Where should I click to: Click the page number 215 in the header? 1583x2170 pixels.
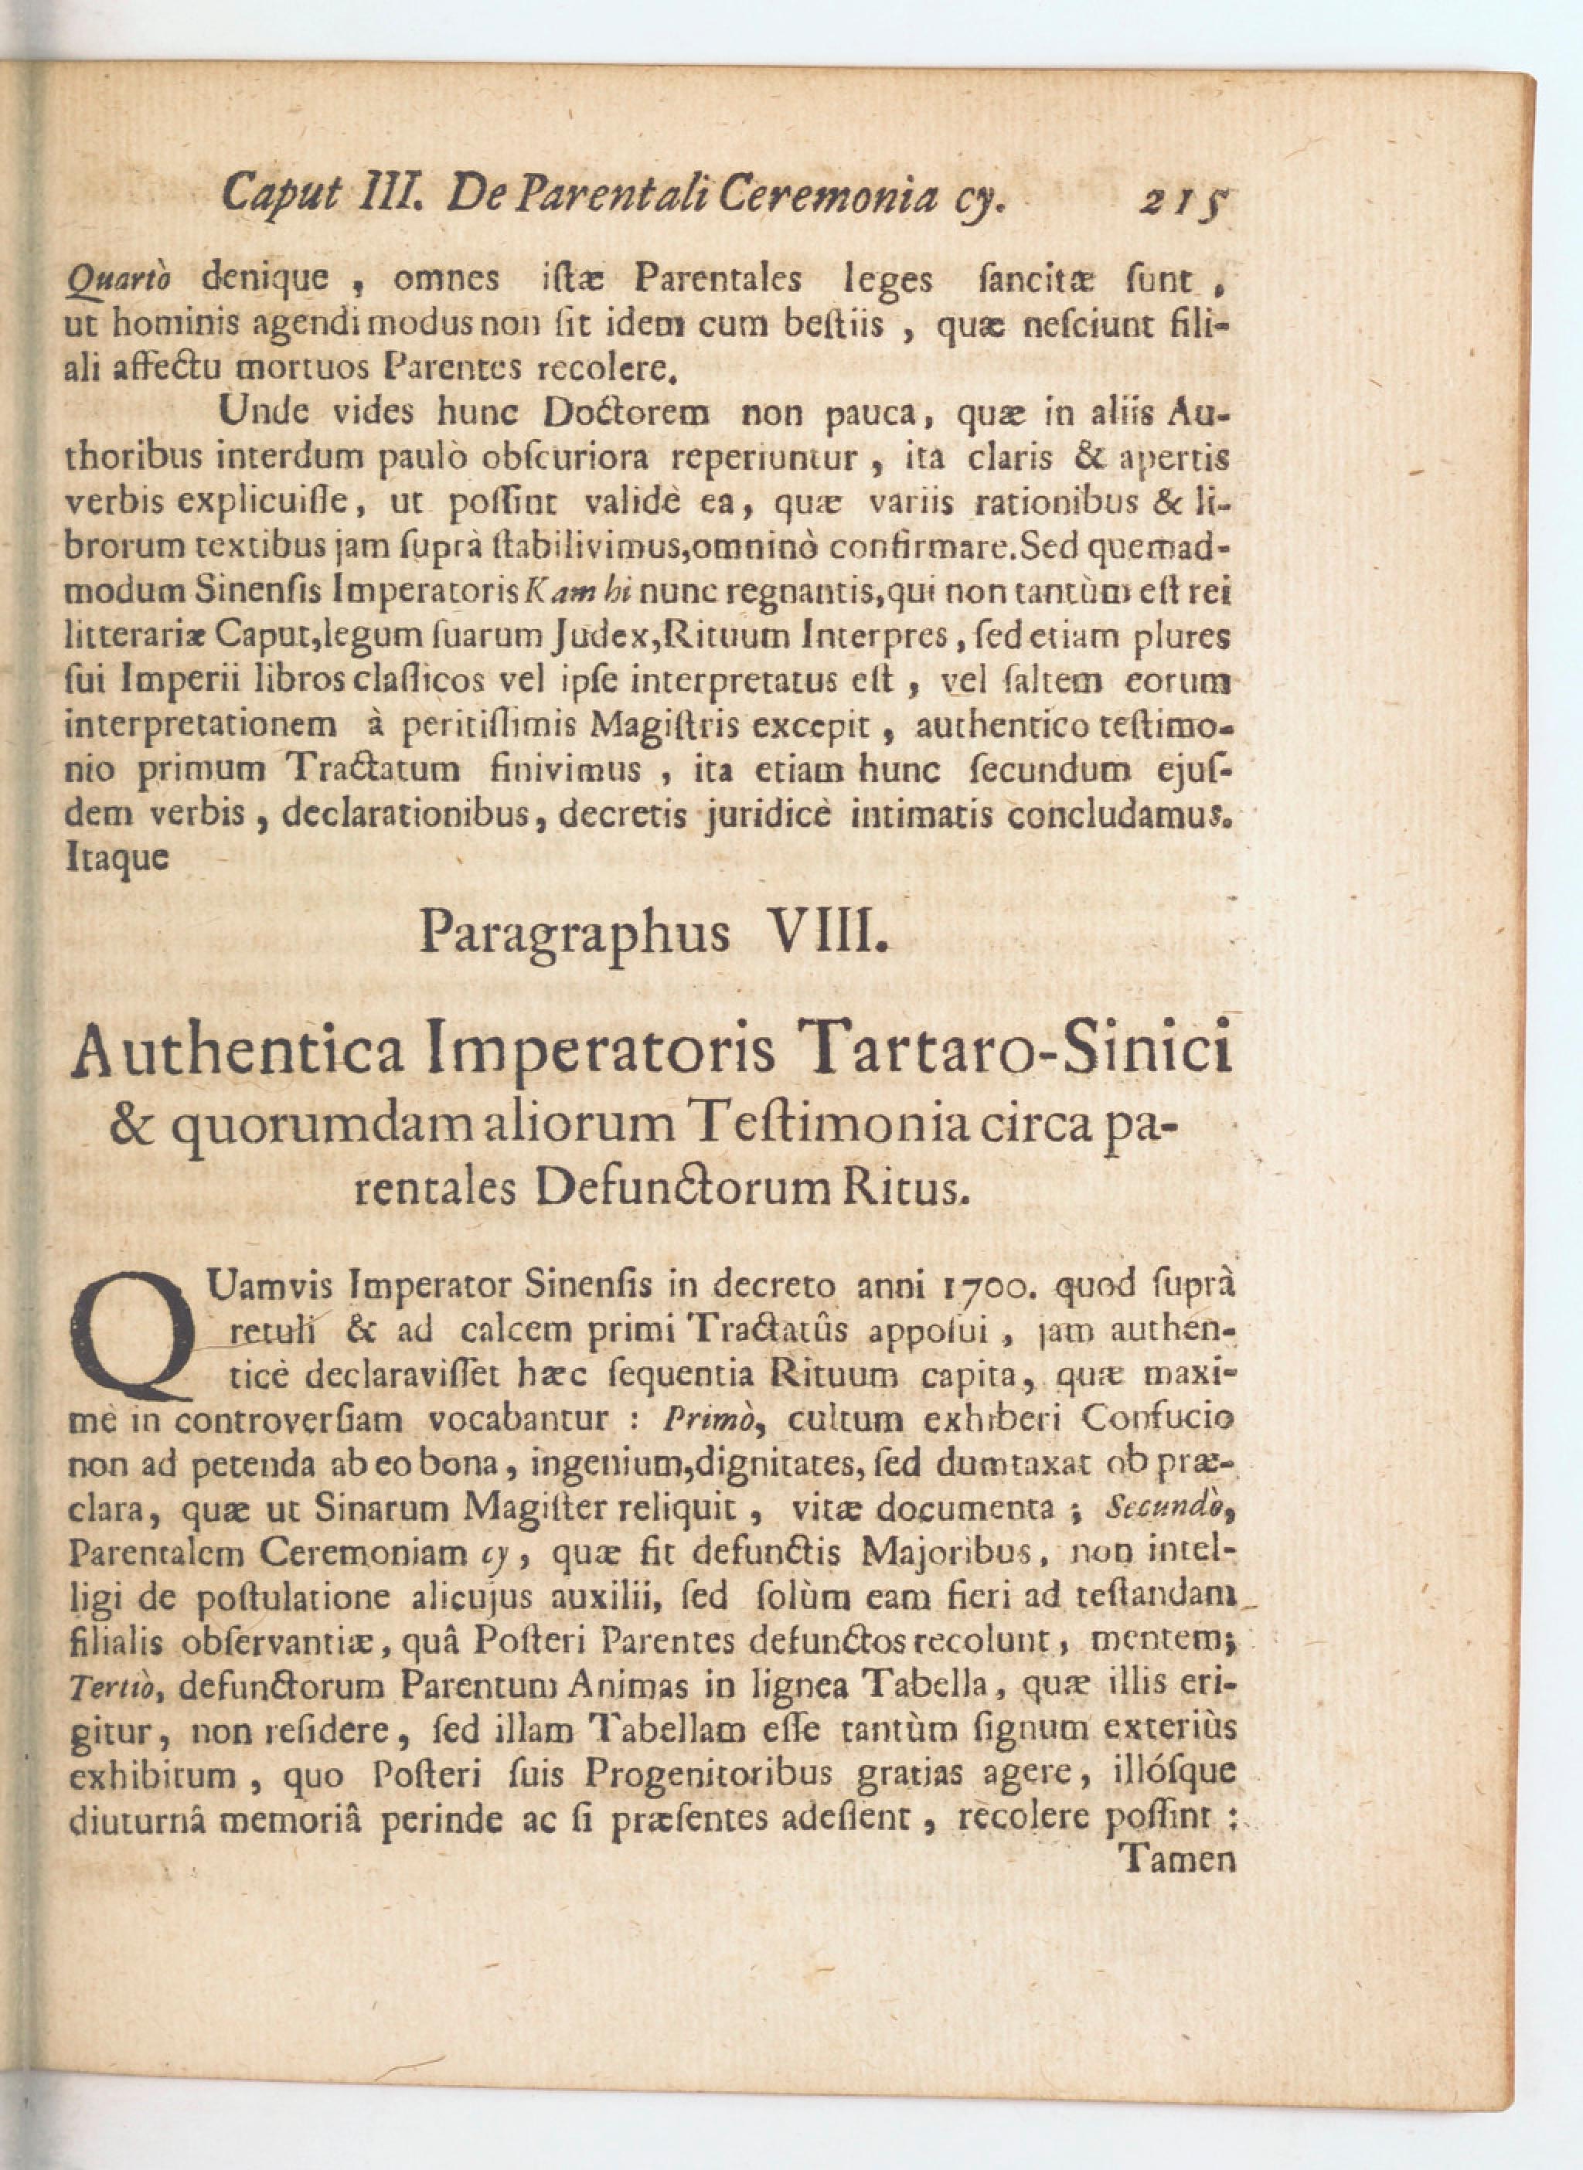tap(1186, 199)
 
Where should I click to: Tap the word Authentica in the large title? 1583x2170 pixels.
tap(237, 1050)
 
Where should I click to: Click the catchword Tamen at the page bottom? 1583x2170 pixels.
tap(1178, 1859)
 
